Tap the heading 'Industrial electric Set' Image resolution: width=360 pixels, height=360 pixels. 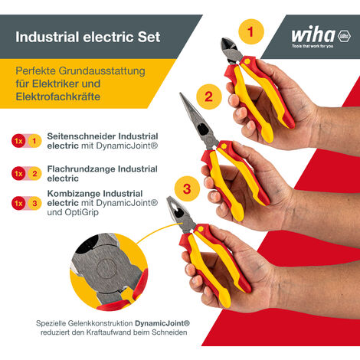pyautogui.click(x=88, y=36)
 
